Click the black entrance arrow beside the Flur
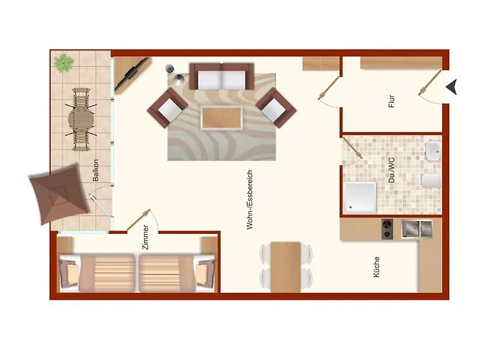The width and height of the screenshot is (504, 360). tap(452, 86)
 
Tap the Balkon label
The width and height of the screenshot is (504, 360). tap(96, 171)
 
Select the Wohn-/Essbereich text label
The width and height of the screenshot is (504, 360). tap(250, 199)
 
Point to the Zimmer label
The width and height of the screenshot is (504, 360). tap(145, 237)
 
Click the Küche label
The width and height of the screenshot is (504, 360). tap(377, 267)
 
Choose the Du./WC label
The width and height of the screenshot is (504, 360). tap(392, 171)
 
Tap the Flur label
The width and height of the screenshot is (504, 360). tap(392, 102)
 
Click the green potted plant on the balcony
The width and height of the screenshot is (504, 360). tap(64, 63)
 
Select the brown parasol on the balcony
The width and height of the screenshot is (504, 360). tap(58, 195)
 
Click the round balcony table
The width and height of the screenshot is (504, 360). tap(81, 120)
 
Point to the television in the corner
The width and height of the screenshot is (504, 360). tap(132, 74)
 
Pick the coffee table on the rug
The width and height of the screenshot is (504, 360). tap(222, 117)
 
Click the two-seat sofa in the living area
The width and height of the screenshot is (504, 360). tap(222, 76)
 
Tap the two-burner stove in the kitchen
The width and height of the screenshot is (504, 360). tap(387, 229)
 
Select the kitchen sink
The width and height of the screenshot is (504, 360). tap(417, 229)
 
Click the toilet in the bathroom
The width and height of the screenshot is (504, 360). tap(431, 181)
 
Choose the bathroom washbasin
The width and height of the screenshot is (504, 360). tap(433, 151)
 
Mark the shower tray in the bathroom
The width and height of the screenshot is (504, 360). tap(360, 198)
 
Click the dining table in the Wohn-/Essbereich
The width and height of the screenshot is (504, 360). tap(285, 267)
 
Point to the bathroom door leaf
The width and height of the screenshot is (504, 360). tap(353, 148)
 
